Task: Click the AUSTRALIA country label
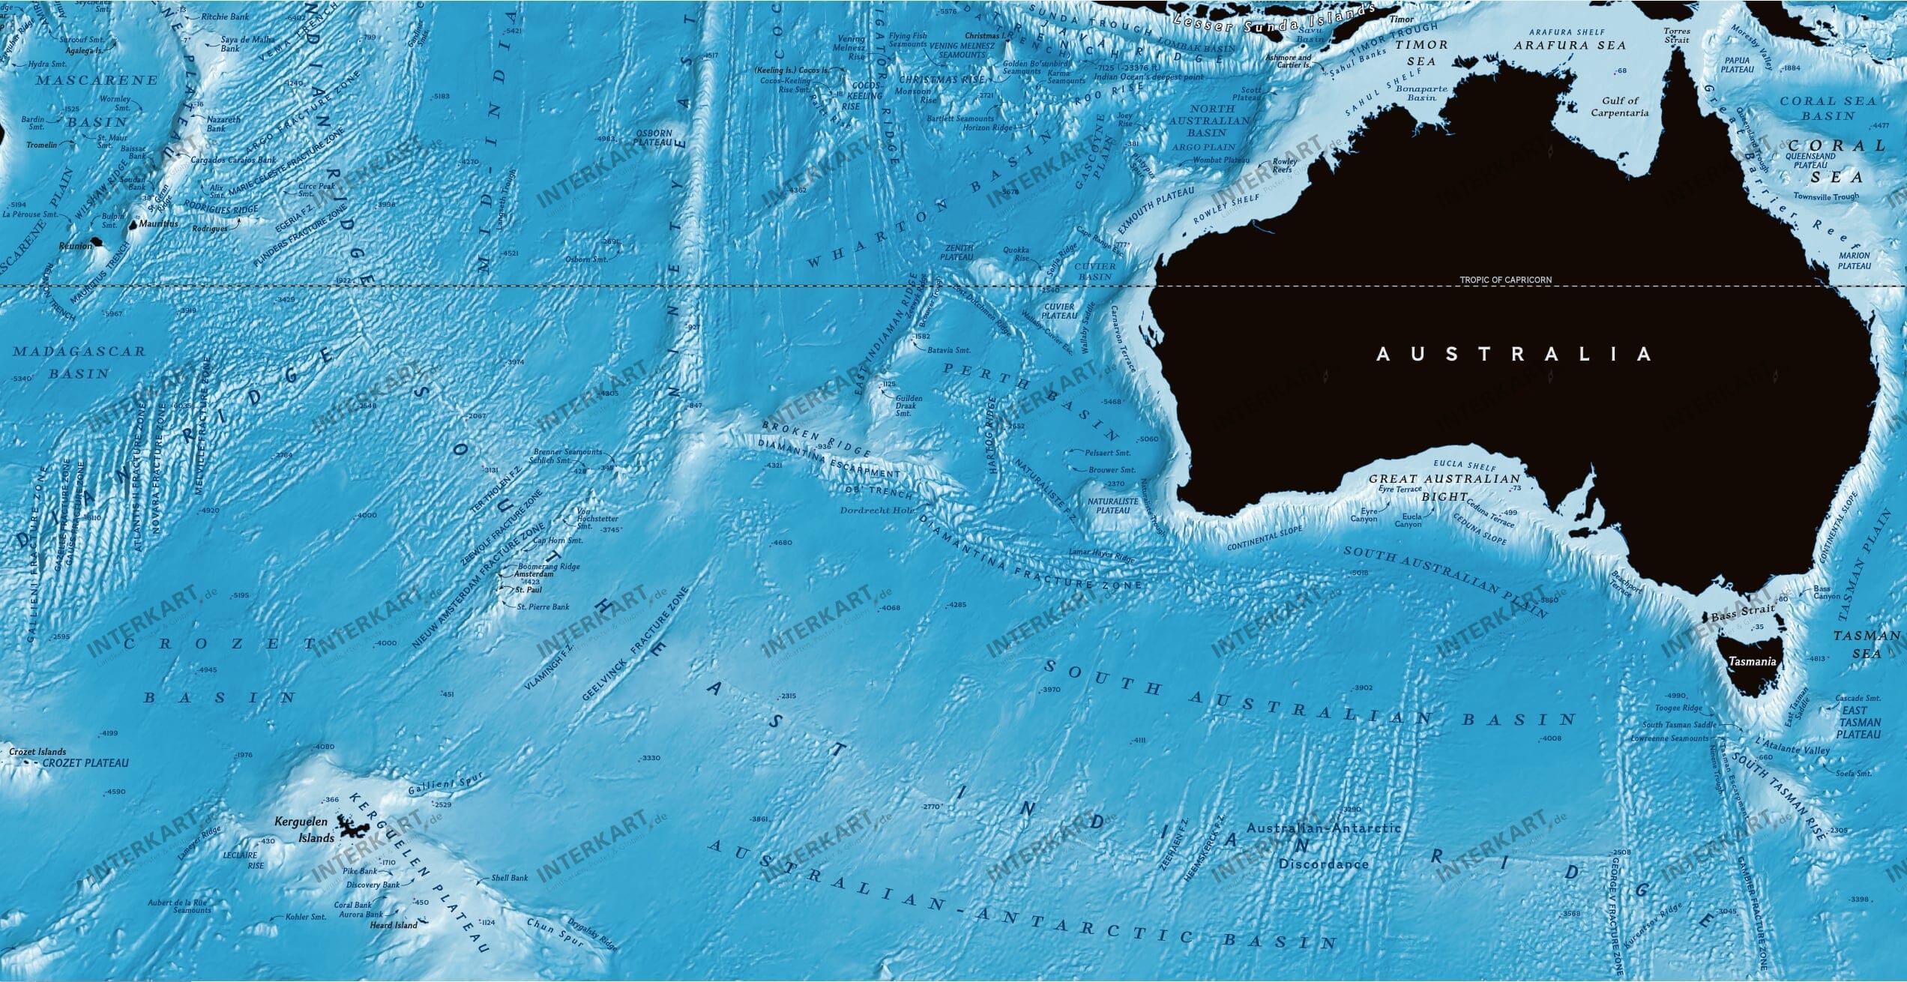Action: coord(1513,354)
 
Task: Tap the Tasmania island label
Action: coord(1752,662)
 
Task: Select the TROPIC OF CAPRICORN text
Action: coord(1505,280)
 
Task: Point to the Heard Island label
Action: coord(394,925)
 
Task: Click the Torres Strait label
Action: coord(1670,35)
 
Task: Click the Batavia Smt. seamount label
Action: coord(948,350)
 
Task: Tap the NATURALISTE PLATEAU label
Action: coord(1112,505)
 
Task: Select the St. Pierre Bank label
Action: coord(543,606)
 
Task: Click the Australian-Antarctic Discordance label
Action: coord(1323,846)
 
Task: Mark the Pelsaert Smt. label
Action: coord(1108,453)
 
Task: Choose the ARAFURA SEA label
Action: coord(1571,45)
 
